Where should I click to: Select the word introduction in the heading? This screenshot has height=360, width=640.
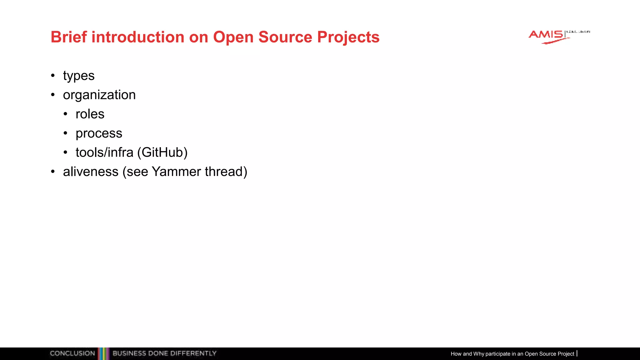click(x=138, y=37)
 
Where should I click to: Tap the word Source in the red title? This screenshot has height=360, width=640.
click(x=285, y=37)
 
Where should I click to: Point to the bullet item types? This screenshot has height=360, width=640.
click(x=79, y=76)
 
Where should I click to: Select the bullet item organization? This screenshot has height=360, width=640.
click(x=99, y=95)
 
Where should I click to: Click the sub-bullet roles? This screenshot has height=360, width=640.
click(x=90, y=114)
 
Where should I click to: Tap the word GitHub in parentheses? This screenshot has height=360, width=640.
click(x=162, y=152)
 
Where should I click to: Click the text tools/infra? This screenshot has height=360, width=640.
click(x=104, y=152)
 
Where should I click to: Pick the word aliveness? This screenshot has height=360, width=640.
click(x=91, y=172)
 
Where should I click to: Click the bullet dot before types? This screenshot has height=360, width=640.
click(x=53, y=76)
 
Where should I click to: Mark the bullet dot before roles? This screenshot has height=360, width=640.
click(x=65, y=114)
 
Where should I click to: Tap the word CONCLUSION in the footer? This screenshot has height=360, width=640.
click(x=72, y=353)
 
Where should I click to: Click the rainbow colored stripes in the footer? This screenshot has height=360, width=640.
click(x=104, y=353)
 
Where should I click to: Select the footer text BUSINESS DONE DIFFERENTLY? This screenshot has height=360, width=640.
click(x=164, y=353)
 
